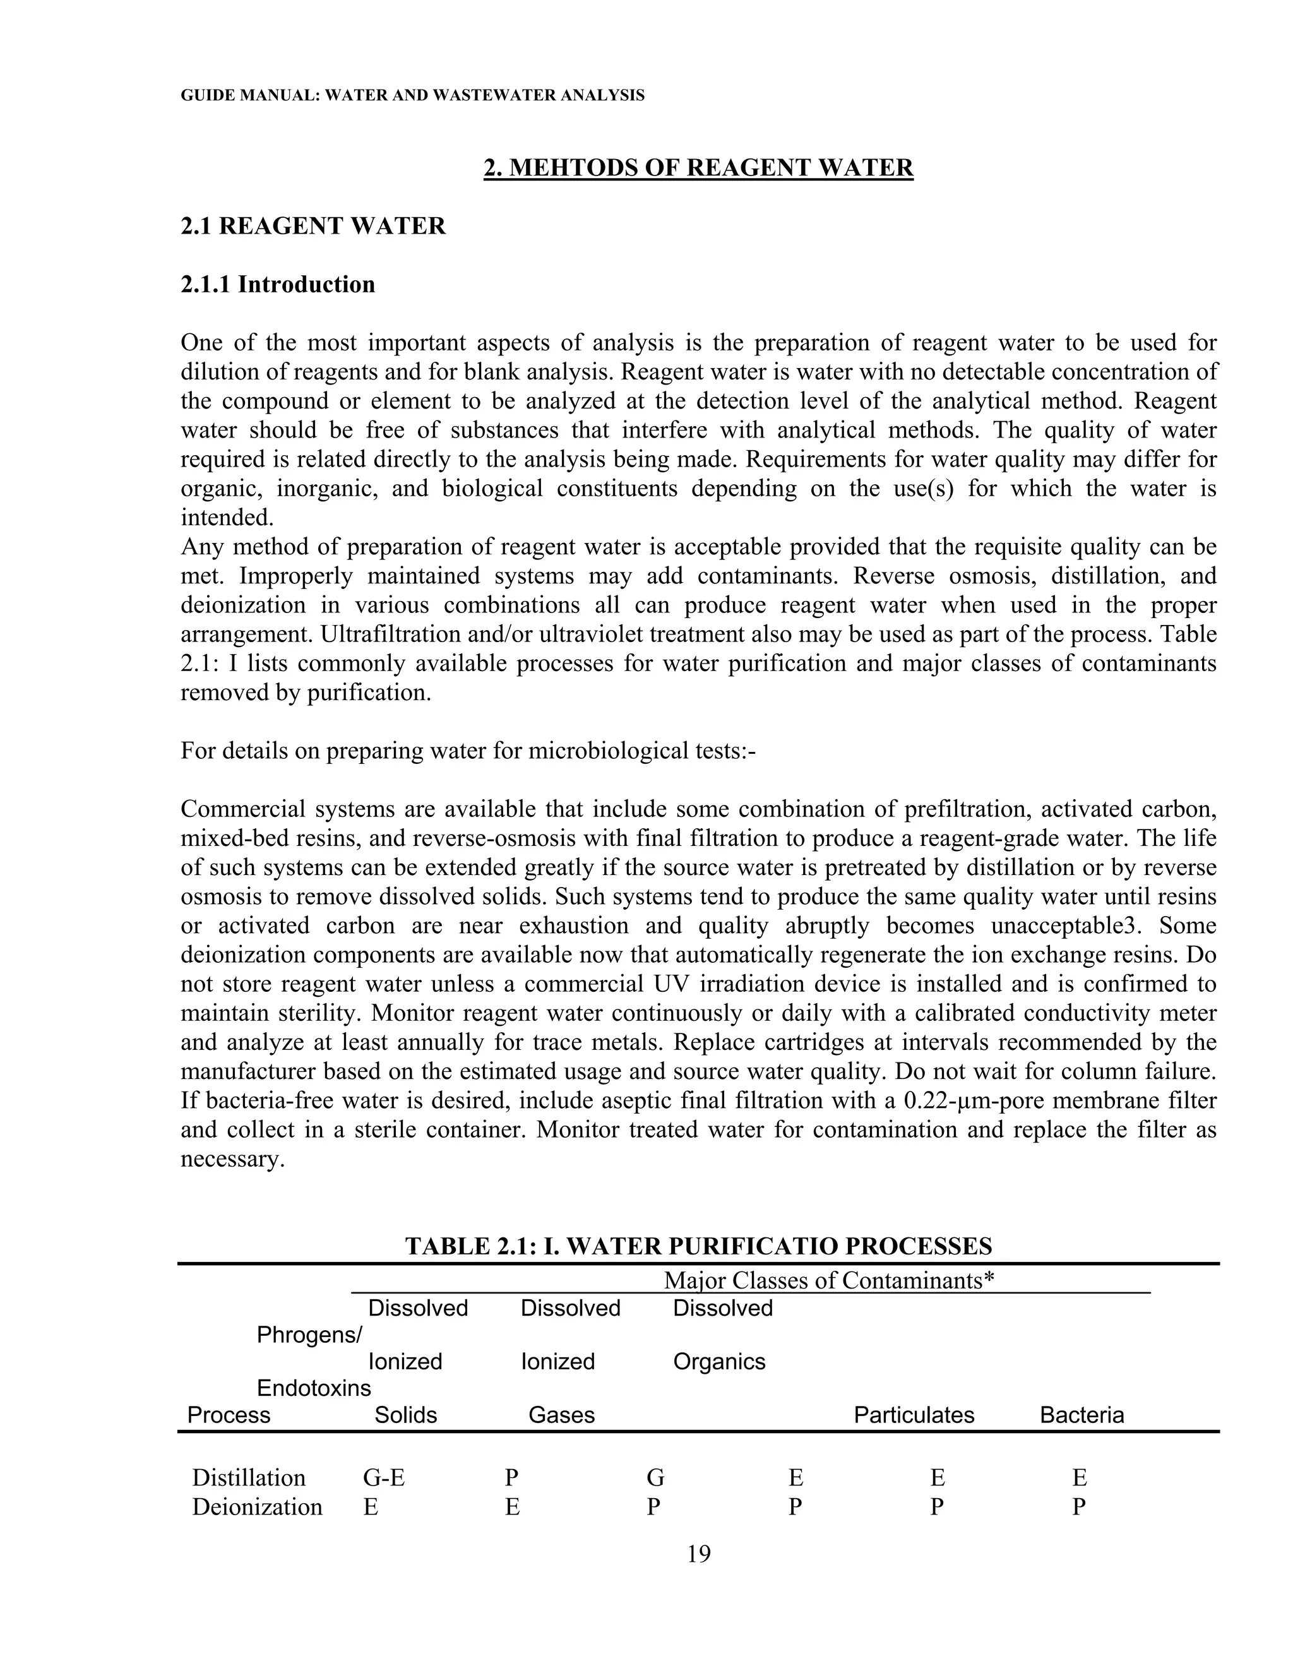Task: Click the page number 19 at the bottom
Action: coord(699,1554)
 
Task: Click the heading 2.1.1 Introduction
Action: coord(277,284)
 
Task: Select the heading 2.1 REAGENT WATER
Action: coord(313,226)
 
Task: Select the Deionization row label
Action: coord(256,1507)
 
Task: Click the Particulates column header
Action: coord(914,1415)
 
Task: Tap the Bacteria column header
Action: coord(1081,1415)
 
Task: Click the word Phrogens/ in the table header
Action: coord(309,1335)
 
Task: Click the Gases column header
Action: coord(561,1415)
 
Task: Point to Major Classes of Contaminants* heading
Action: coord(829,1280)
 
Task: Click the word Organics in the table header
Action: coord(719,1361)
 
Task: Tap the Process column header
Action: coord(229,1415)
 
